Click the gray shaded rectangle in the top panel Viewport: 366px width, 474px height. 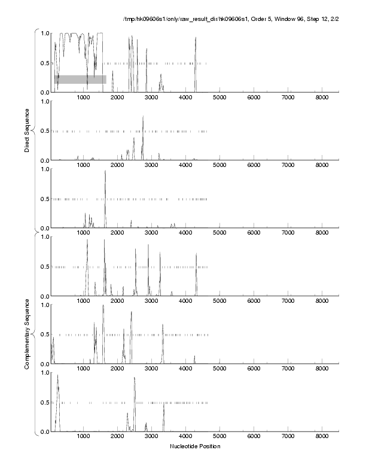click(x=80, y=79)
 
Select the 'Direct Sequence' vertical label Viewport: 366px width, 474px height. click(x=28, y=130)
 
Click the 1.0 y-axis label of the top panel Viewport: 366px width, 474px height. click(x=44, y=33)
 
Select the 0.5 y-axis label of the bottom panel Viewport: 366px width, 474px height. click(x=44, y=402)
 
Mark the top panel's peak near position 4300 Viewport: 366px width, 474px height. click(x=196, y=38)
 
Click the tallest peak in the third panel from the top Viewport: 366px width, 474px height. click(x=105, y=171)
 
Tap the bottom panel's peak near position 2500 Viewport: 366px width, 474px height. click(x=135, y=378)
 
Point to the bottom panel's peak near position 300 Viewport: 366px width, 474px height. click(x=58, y=376)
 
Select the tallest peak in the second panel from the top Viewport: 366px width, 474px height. click(x=143, y=117)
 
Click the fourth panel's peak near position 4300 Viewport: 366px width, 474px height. click(x=196, y=254)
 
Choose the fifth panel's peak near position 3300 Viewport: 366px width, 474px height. click(x=163, y=325)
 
